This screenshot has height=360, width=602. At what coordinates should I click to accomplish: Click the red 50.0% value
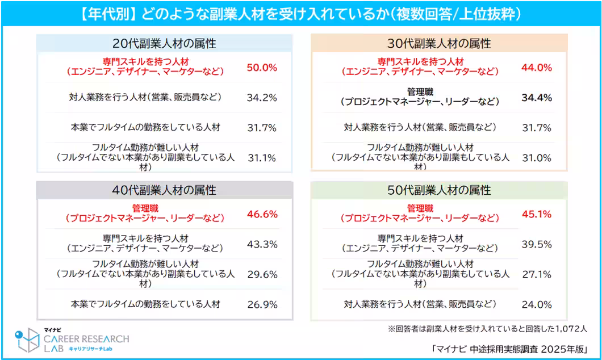262,67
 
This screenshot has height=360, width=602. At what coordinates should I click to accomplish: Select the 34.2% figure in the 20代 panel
262,97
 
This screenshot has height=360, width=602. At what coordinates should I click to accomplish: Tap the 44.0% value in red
537,67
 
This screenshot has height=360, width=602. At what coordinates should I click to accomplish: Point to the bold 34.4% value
537,97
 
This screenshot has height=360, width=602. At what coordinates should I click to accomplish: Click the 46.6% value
262,214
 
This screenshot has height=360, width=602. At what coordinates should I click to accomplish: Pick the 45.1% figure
537,214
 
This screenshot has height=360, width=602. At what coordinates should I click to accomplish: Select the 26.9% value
262,304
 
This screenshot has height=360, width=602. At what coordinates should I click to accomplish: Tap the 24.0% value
537,304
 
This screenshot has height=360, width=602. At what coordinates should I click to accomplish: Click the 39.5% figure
537,244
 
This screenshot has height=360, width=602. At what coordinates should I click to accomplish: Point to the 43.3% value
262,244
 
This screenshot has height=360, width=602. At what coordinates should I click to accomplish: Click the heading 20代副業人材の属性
164,43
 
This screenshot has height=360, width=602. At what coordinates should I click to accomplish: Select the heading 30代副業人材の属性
439,43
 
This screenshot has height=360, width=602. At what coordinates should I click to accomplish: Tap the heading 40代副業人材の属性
164,190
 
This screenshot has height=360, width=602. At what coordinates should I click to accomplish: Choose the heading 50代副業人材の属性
439,190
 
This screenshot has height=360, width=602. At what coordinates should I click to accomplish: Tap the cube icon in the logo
27,340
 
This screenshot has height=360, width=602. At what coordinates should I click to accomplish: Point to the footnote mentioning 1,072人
487,328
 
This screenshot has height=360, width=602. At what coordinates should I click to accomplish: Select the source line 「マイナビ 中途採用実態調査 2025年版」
508,348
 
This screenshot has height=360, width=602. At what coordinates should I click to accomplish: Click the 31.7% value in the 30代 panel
537,127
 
